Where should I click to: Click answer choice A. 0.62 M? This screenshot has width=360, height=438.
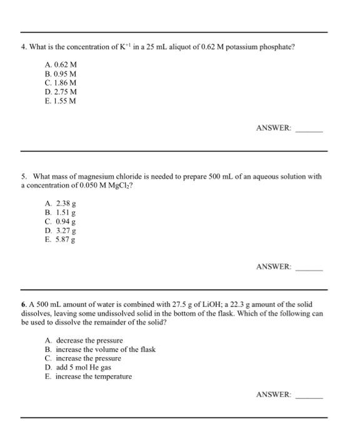[61, 64]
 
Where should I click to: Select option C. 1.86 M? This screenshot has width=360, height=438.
[61, 83]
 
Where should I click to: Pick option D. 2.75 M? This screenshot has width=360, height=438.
[61, 91]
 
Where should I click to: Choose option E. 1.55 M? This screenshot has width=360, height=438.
[61, 100]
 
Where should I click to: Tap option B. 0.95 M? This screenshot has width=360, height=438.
[61, 74]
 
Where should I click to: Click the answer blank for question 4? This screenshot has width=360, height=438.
[309, 130]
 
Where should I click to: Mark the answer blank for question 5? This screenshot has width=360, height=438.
[309, 268]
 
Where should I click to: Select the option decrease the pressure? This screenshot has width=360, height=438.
[84, 340]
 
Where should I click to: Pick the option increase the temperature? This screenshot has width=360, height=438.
[89, 377]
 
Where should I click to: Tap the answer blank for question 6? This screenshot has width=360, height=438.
[309, 395]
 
